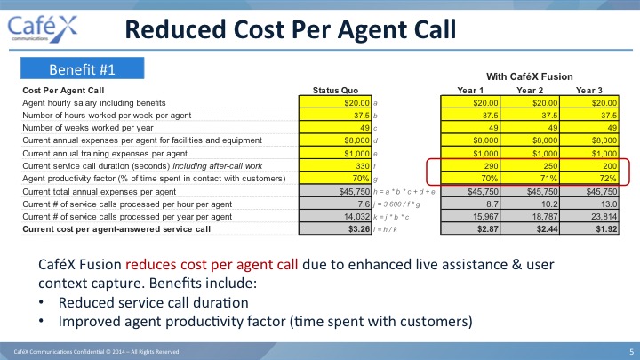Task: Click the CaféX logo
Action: pos(42,28)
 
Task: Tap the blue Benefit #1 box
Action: pos(82,68)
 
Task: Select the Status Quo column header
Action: pos(335,90)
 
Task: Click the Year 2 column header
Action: pos(530,90)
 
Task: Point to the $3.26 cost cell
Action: pos(335,228)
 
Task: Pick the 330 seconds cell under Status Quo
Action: pos(335,165)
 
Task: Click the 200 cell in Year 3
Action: pos(589,165)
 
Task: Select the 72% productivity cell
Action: pos(589,179)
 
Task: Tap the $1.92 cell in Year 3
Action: pos(589,228)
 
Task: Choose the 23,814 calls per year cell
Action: pos(589,216)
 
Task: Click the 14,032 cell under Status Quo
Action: pos(335,216)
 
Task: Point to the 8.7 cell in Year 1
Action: pos(470,204)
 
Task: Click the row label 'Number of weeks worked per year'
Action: pos(88,128)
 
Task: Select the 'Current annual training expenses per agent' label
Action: pos(105,154)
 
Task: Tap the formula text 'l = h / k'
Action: pos(385,229)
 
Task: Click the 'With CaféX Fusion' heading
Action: pos(530,76)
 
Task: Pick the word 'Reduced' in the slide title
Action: pos(175,29)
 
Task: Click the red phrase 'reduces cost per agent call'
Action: pos(212,265)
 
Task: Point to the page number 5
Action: pos(631,351)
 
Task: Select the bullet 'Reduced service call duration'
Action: pos(154,302)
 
